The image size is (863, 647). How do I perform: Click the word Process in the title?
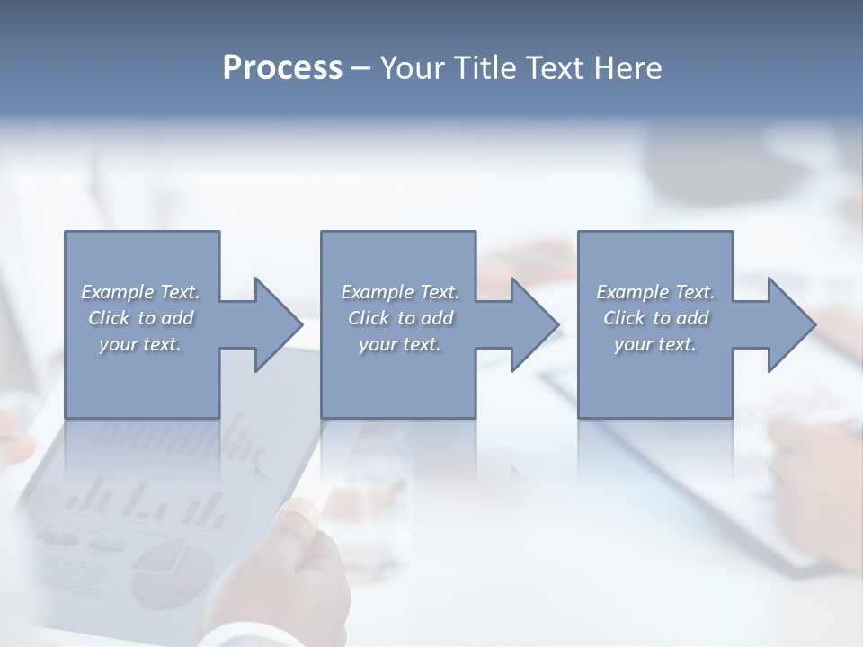pos(282,68)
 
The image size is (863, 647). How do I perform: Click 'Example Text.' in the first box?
pos(140,292)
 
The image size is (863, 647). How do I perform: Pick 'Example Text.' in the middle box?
pos(400,292)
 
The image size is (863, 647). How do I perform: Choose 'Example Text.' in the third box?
pos(655,292)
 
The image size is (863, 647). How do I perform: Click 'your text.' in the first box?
pos(140,344)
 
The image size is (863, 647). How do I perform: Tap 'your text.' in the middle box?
pos(400,344)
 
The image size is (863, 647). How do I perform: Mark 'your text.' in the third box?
pos(655,344)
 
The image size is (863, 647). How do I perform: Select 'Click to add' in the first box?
pos(140,318)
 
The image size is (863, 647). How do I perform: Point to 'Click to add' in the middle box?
pos(400,318)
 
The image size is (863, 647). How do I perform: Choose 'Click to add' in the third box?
pos(655,318)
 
